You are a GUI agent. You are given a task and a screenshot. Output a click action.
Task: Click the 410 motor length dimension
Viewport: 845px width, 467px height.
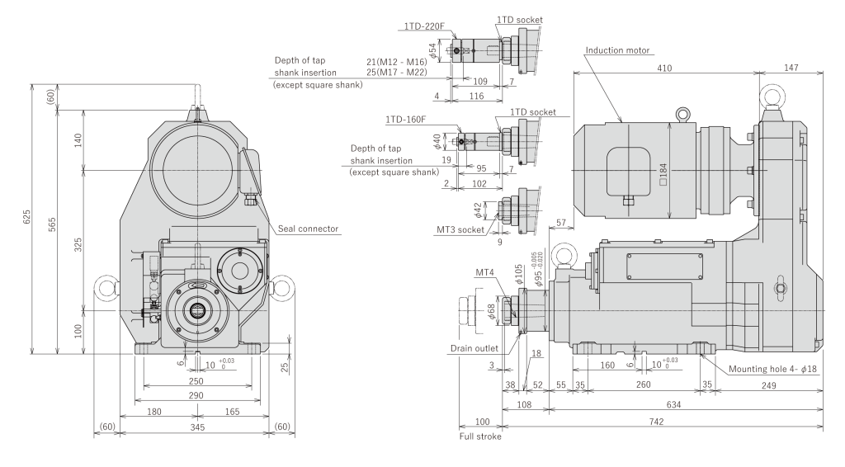665,70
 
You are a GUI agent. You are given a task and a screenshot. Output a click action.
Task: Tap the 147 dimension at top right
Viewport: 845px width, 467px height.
791,70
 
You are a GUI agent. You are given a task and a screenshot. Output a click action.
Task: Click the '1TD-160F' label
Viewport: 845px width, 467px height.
404,120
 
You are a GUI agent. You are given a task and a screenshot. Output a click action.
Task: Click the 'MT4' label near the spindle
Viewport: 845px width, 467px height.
485,271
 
